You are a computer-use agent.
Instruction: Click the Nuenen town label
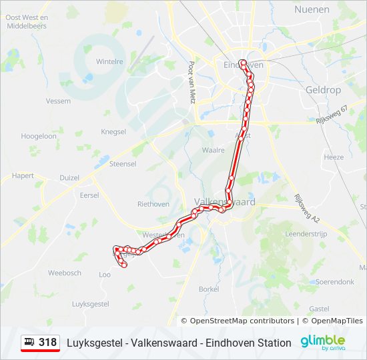312,9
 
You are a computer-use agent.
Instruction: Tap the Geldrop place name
323,89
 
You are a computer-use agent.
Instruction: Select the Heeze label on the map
334,157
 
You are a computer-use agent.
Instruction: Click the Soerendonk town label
335,282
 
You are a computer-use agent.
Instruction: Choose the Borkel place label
209,289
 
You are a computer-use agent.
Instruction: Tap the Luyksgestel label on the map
90,303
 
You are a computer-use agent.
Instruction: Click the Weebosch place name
65,273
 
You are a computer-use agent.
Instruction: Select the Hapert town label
23,177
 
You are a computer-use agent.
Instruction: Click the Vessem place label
58,101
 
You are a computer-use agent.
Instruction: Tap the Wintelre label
110,61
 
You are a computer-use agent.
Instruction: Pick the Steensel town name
123,163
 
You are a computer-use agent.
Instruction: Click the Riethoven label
153,204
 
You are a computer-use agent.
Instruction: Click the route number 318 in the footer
47,343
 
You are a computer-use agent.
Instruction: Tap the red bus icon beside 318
30,343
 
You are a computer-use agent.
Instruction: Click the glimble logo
322,342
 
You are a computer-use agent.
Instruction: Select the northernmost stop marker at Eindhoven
243,63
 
